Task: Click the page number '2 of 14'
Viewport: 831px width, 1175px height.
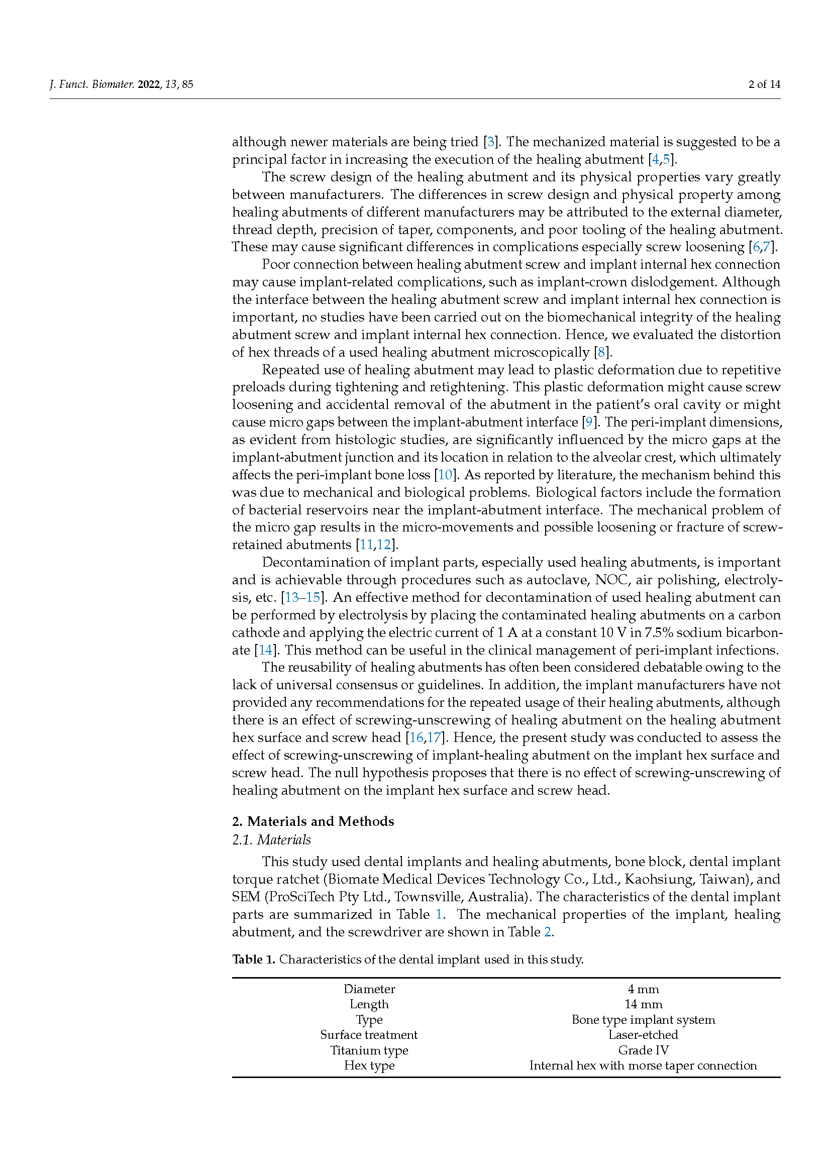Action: (764, 84)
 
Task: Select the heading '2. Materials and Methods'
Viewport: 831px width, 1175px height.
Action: (313, 821)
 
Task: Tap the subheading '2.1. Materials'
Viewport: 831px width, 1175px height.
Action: (271, 840)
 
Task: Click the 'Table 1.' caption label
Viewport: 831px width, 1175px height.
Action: (254, 959)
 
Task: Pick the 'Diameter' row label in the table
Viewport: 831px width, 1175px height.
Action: (369, 989)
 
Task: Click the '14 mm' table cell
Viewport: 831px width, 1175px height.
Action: (643, 1004)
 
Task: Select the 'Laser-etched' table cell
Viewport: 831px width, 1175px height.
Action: (643, 1035)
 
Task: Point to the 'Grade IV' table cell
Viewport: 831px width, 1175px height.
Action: (643, 1050)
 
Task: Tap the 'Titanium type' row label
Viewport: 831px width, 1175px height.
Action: (369, 1050)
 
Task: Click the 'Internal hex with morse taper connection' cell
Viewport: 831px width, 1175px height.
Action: (643, 1065)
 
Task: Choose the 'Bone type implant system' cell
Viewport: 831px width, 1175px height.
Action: (643, 1019)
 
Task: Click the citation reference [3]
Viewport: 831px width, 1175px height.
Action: (491, 142)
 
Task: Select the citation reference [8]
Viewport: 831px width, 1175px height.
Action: (601, 352)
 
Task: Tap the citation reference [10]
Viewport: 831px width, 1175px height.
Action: (445, 475)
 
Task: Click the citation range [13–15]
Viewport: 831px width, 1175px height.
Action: (302, 597)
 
